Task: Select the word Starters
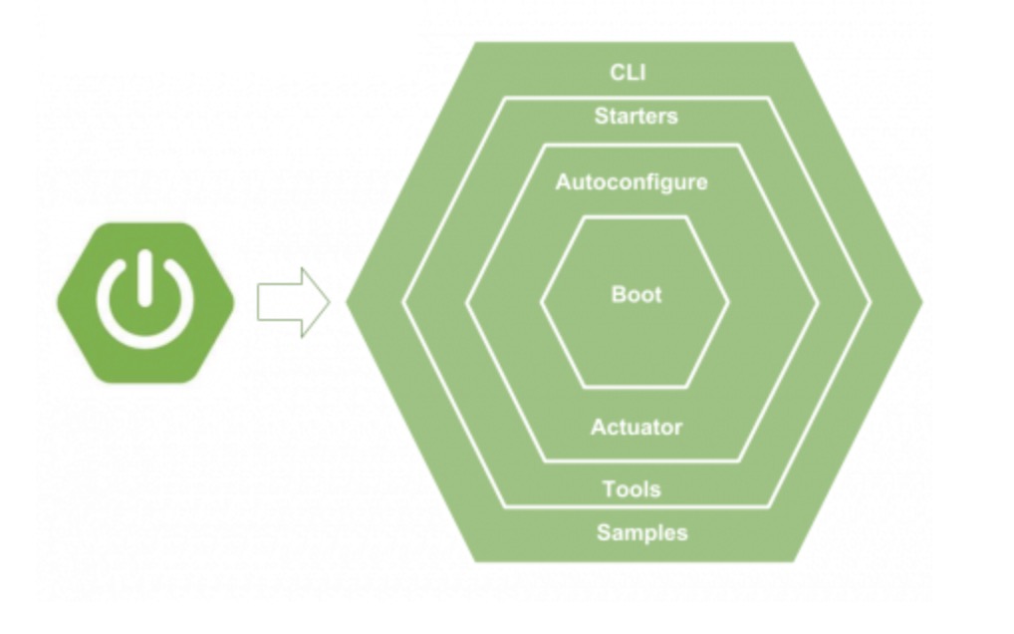point(635,116)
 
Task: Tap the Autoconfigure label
point(632,182)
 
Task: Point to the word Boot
point(635,295)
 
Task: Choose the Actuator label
point(635,427)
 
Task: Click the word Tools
point(632,488)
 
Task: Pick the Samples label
point(641,531)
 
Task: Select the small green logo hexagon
point(145,302)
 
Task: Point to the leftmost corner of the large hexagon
point(347,301)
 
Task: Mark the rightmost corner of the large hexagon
point(922,301)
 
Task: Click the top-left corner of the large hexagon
point(475,43)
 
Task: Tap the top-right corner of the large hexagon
point(795,43)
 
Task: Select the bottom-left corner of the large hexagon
point(475,561)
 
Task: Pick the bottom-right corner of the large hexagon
point(795,561)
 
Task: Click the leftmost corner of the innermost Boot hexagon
point(542,301)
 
